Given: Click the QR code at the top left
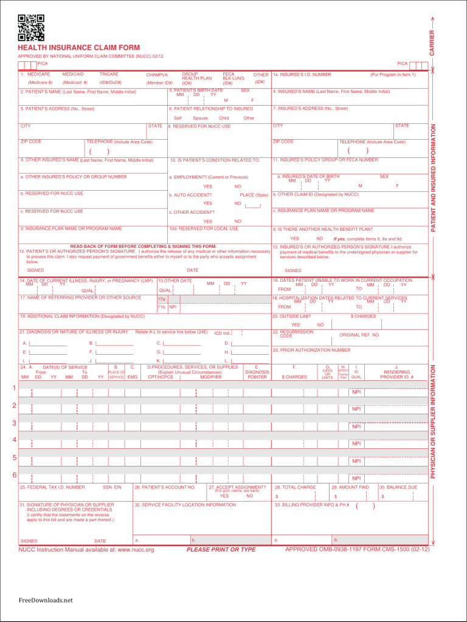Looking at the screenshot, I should point(30,27).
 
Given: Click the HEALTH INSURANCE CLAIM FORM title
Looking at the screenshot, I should point(78,47).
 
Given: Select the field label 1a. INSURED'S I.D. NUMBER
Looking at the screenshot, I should point(302,75).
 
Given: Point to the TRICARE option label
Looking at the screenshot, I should point(109,74).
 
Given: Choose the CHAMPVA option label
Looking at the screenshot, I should point(157,75).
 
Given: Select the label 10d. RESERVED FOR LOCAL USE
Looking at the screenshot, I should point(204,228).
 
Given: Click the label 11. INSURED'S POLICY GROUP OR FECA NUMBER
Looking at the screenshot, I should point(325,160).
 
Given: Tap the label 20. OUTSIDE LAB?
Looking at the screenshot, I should point(292,316).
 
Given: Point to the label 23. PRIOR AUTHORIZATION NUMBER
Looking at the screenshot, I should point(311,350).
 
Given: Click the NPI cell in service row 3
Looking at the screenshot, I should point(356,426).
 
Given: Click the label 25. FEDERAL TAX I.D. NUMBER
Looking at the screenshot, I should point(52,487).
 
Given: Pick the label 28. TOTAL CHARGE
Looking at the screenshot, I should point(296,487).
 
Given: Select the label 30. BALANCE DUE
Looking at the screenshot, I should point(399,487).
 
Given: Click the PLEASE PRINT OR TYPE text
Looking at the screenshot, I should point(221,550).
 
